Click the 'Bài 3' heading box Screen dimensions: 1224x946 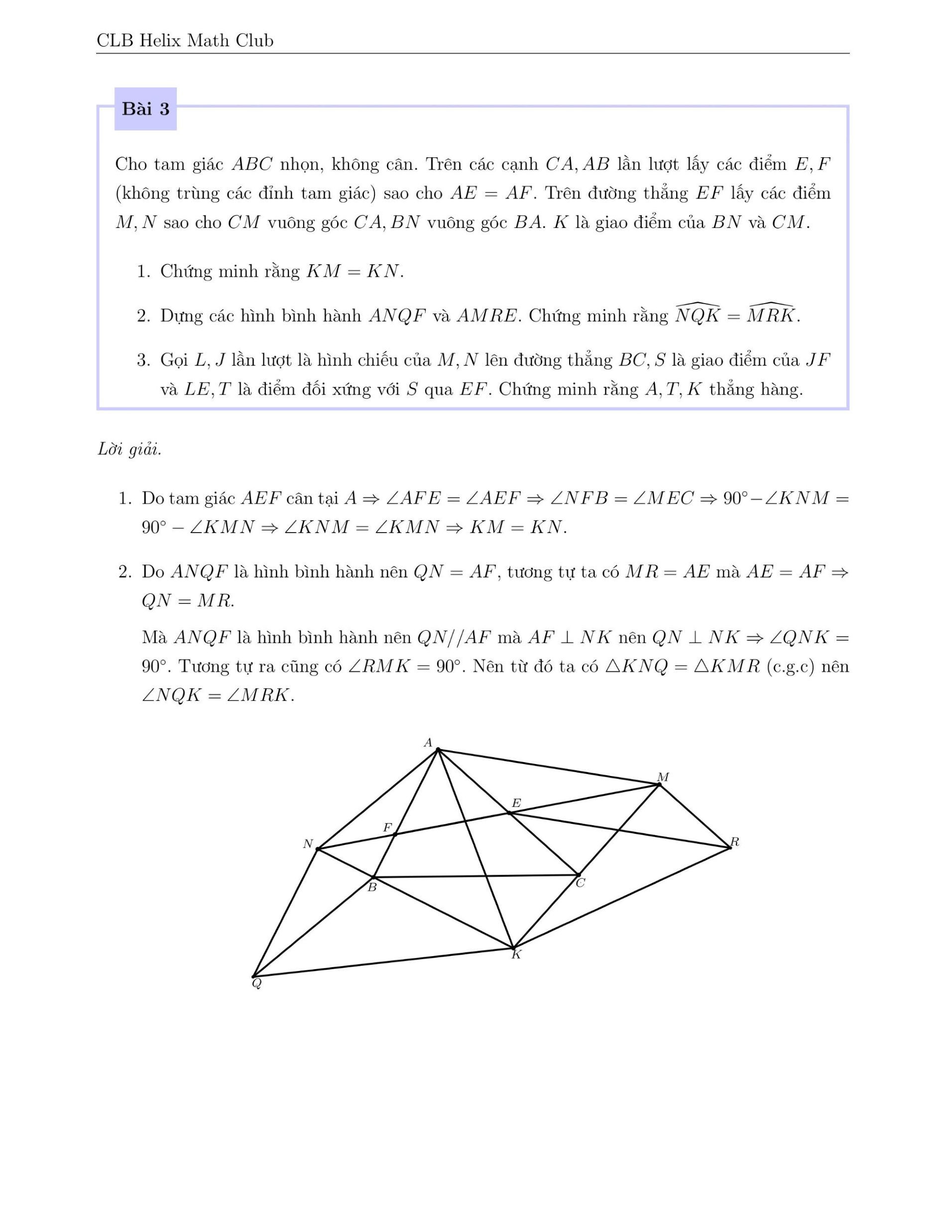click(x=146, y=109)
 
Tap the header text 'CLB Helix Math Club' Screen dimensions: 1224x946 click(x=185, y=40)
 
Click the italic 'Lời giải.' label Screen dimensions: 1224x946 click(x=129, y=449)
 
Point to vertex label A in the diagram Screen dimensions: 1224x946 click(x=428, y=743)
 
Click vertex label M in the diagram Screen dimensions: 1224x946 click(x=663, y=778)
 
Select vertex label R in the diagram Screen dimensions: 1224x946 click(x=735, y=842)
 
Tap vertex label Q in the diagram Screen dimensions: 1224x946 click(x=257, y=984)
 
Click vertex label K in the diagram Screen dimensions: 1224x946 click(x=516, y=954)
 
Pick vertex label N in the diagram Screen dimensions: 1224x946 click(x=308, y=844)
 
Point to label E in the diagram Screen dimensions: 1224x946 click(x=516, y=803)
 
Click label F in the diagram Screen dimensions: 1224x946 click(x=387, y=828)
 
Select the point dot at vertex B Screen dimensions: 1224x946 click(x=374, y=877)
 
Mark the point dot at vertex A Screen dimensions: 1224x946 click(x=438, y=749)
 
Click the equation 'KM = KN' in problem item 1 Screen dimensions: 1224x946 click(x=354, y=272)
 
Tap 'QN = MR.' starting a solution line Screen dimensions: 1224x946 click(x=188, y=601)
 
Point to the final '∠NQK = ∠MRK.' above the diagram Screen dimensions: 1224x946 click(x=218, y=695)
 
